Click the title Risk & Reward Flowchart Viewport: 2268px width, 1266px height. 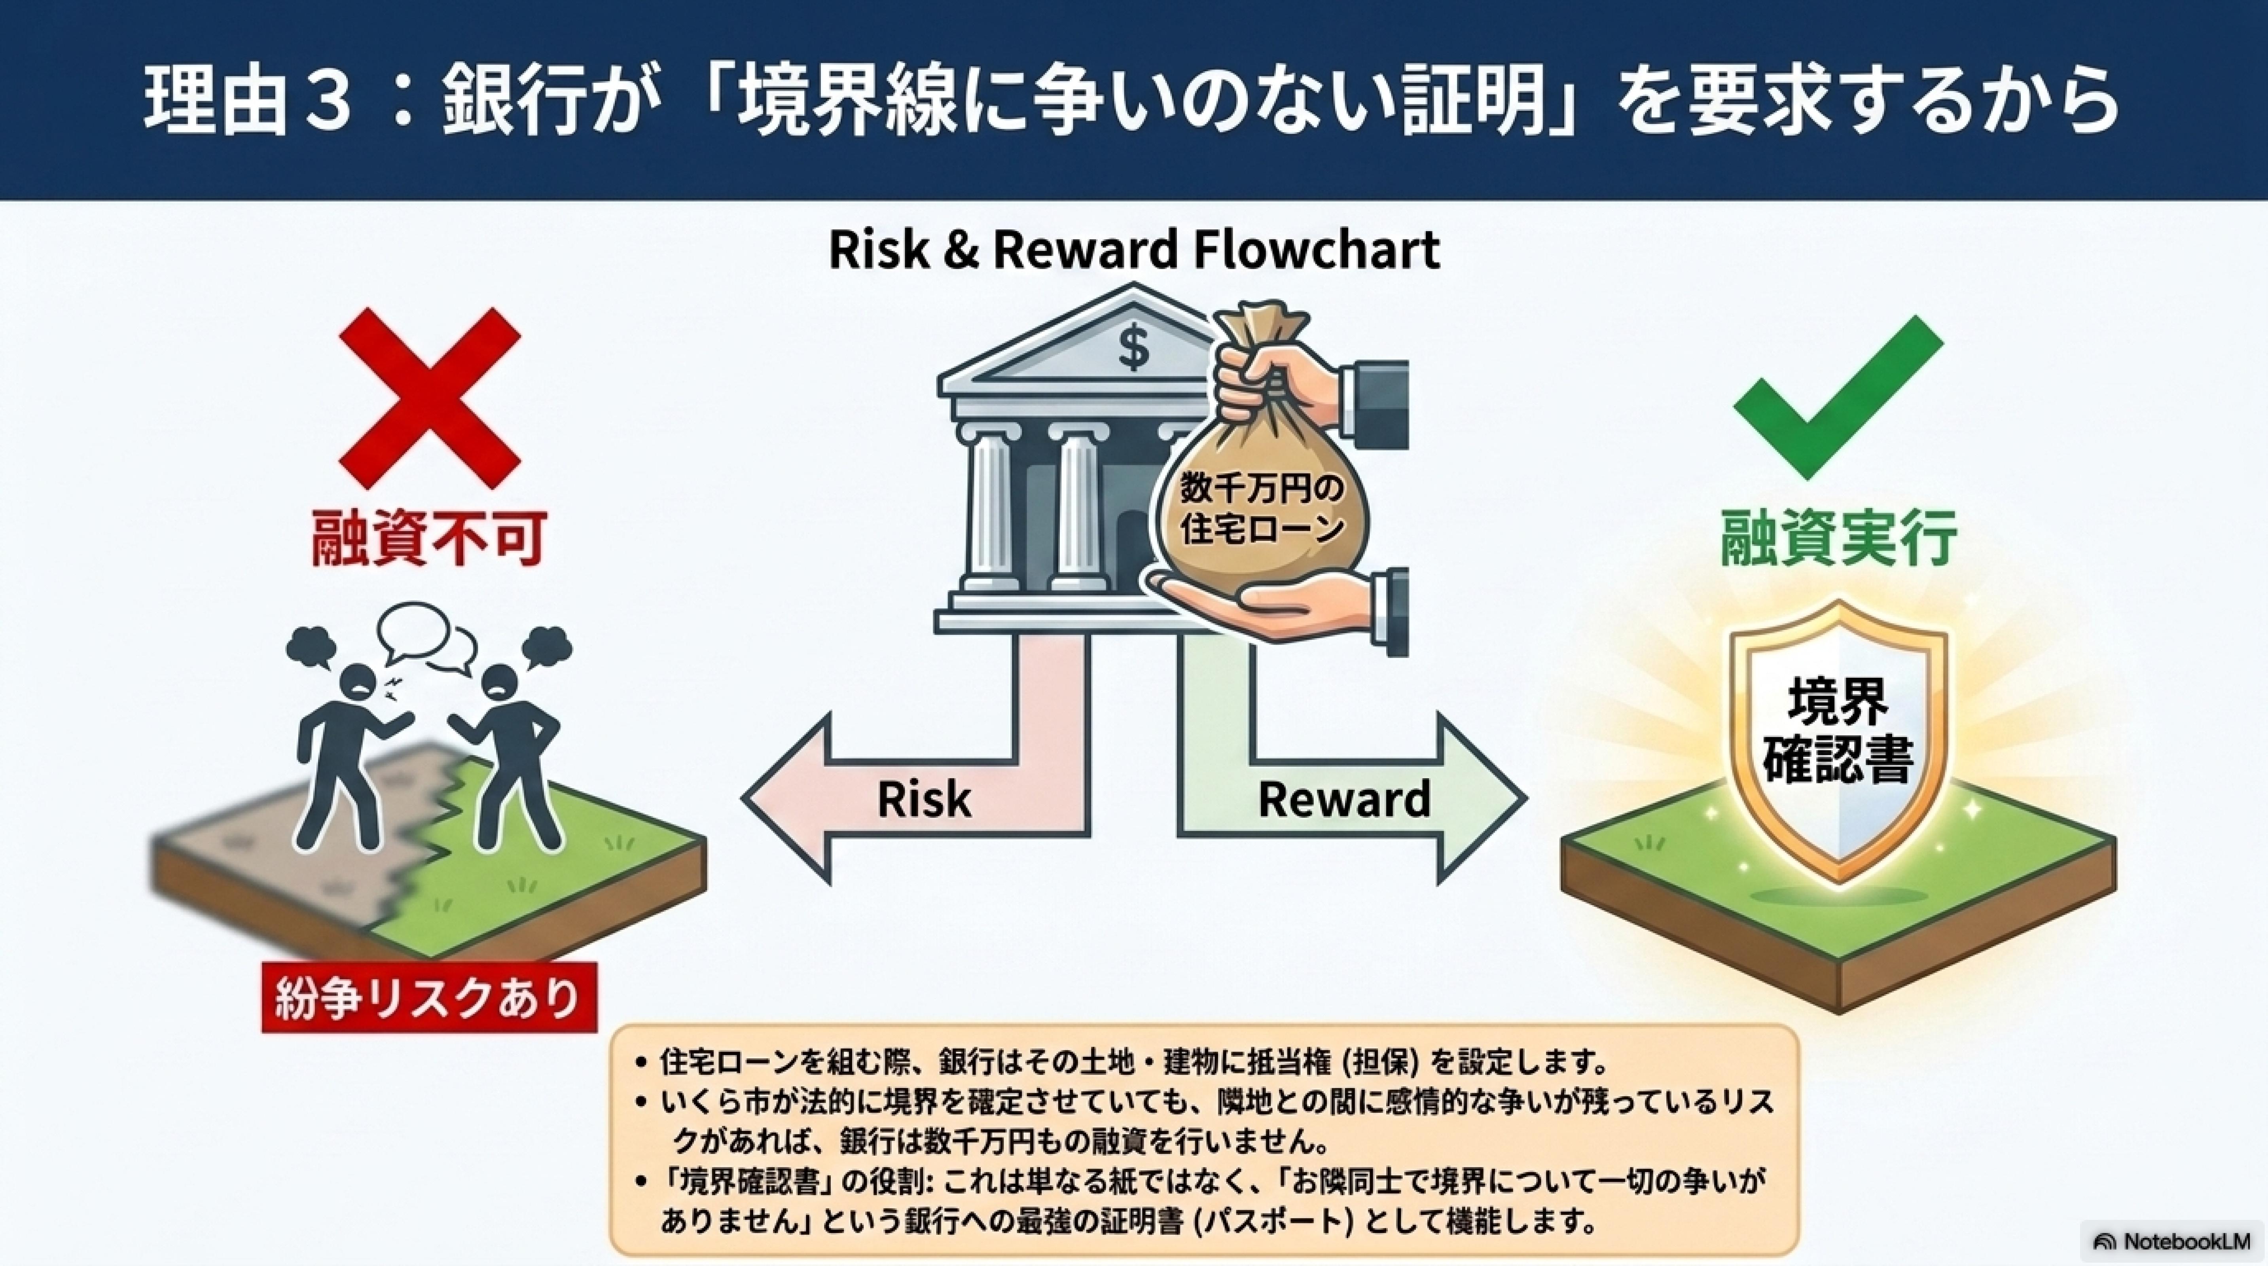click(1134, 249)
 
